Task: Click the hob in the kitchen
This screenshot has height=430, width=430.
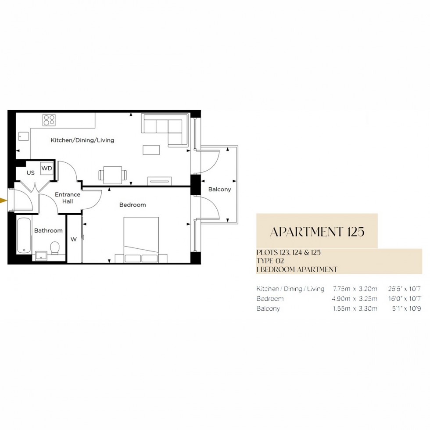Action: (49, 120)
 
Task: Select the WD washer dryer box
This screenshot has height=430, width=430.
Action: (47, 168)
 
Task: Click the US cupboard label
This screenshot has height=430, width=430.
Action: (30, 173)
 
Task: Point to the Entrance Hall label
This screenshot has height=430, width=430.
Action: (67, 198)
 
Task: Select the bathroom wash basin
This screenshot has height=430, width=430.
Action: (41, 255)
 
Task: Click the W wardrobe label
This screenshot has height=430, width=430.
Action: (74, 239)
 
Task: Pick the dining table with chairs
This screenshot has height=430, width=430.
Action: (113, 175)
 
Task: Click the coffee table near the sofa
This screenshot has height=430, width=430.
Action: (152, 150)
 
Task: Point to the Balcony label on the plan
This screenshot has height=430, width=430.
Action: (219, 190)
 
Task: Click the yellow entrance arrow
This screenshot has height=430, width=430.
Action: (4, 201)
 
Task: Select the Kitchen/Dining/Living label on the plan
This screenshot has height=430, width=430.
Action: (82, 140)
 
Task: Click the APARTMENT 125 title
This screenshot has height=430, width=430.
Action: (317, 232)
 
